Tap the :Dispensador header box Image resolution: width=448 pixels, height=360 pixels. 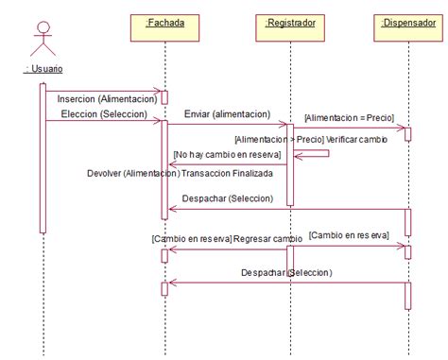pyautogui.click(x=408, y=22)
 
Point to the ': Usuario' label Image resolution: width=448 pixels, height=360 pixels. pyautogui.click(x=43, y=69)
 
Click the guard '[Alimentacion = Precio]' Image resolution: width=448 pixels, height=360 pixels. pyautogui.click(x=349, y=117)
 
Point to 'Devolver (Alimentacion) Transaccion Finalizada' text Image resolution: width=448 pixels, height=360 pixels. pyautogui.click(x=180, y=173)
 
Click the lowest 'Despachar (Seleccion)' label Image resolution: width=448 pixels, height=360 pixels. pyautogui.click(x=285, y=272)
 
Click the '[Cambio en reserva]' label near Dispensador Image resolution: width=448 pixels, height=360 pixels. pyautogui.click(x=347, y=234)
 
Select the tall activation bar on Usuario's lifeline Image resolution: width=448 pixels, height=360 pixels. pyautogui.click(x=43, y=156)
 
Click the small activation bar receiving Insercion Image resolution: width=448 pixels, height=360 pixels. pyautogui.click(x=164, y=96)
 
